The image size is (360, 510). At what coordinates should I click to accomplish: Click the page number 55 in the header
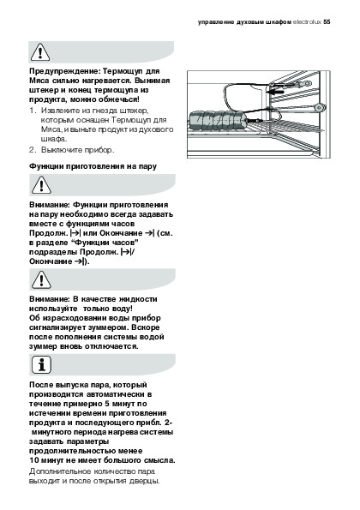(327, 22)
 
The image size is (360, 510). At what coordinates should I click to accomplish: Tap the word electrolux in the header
(307, 22)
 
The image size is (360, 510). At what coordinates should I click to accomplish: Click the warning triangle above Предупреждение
(40, 53)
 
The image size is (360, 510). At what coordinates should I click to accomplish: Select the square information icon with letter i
(41, 364)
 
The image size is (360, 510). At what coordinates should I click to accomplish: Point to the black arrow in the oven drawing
(274, 92)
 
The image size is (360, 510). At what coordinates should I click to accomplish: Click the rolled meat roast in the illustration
(218, 120)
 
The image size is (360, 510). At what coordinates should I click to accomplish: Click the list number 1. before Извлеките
(33, 111)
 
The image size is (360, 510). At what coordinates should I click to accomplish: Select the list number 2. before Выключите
(33, 150)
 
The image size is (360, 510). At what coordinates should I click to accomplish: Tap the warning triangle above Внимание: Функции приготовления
(41, 185)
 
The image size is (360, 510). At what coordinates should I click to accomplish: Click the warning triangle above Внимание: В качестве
(41, 279)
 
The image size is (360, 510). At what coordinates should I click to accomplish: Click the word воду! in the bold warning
(122, 309)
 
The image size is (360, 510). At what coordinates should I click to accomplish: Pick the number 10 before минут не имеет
(34, 460)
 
